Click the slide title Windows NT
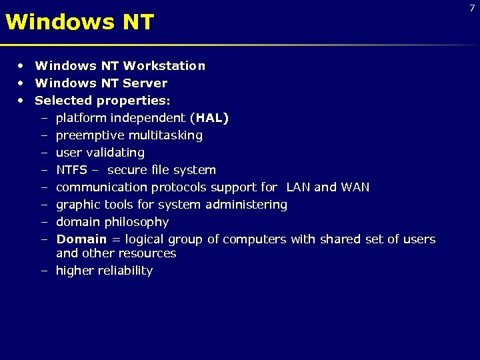79,23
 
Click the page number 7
471,8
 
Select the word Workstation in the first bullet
164,66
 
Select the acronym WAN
355,187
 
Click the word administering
247,205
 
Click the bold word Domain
81,239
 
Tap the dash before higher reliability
43,271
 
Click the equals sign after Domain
116,239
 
